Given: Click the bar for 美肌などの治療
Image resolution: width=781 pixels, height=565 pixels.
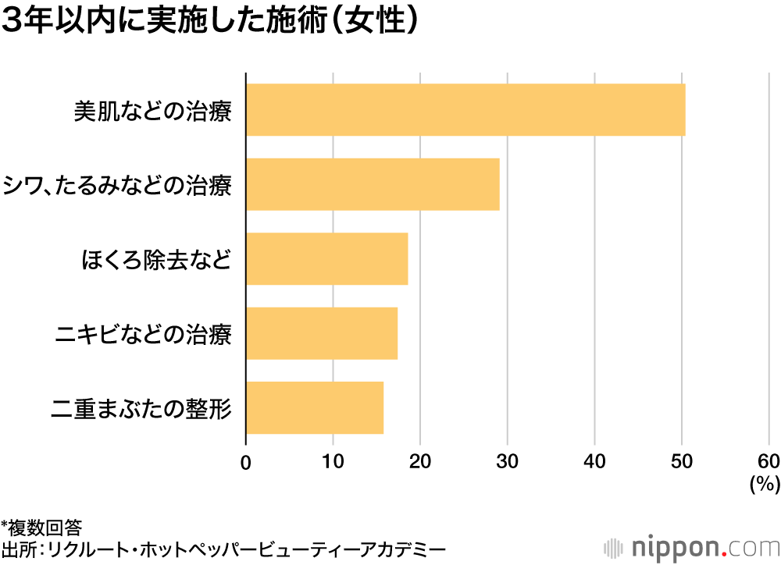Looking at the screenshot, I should coord(465,110).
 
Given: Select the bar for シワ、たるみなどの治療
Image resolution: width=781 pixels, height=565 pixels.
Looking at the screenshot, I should coord(373,184).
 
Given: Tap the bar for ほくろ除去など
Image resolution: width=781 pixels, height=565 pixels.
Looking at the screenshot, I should coord(327,258).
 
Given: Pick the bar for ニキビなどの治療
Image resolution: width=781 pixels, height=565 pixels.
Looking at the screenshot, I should coord(322,333).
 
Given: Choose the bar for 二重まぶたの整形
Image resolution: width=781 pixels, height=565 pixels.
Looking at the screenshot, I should coord(315,407).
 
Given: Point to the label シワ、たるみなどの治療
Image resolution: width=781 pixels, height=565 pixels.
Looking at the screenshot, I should coord(118,185).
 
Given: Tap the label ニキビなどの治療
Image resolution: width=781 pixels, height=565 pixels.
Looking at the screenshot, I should coord(144,334).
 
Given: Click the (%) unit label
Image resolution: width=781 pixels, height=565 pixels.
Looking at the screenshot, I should coord(765,485).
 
